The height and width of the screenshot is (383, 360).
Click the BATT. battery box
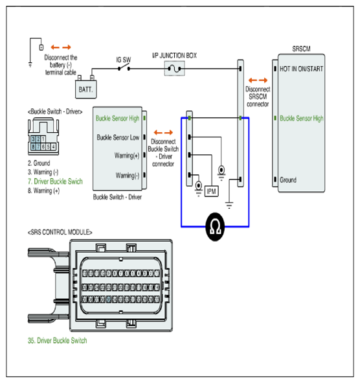85,89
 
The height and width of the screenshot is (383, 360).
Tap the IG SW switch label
124,60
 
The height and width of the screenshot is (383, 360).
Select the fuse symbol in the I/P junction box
175,69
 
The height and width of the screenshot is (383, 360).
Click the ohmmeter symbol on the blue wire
215,227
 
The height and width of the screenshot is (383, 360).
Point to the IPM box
211,191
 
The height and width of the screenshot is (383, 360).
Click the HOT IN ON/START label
302,69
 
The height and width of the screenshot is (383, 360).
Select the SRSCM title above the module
302,49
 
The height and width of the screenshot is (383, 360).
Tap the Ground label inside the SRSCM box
288,180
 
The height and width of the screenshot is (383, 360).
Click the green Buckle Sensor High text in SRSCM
302,119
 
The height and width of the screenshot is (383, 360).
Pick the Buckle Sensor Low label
118,137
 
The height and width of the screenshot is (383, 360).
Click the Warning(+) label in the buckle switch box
127,156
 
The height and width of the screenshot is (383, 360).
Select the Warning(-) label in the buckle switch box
128,176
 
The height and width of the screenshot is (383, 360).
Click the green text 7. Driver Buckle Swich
55,181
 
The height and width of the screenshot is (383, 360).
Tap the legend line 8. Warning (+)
43,191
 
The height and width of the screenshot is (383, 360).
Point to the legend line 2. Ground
39,163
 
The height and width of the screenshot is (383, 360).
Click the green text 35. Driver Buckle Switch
58,340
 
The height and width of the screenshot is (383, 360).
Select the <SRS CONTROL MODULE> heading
60,232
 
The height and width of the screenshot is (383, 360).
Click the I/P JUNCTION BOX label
175,56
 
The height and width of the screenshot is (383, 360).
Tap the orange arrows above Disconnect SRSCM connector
258,80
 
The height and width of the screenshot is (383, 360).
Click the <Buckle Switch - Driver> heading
55,111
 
